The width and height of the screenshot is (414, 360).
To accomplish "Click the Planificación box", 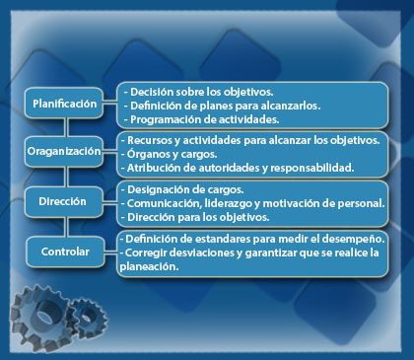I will coord(64,104).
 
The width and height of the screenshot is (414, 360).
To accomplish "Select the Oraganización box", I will coord(64,153).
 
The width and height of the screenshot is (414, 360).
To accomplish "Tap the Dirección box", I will coord(64,201).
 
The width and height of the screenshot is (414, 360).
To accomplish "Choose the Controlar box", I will coord(64,251).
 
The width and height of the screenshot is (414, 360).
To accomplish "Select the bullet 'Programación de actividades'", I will coord(196,117).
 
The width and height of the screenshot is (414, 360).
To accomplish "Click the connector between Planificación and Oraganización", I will coord(64,128).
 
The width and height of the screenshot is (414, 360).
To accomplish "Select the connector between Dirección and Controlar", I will coord(64,226).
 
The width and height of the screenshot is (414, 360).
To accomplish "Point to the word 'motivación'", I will coord(281,202).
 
